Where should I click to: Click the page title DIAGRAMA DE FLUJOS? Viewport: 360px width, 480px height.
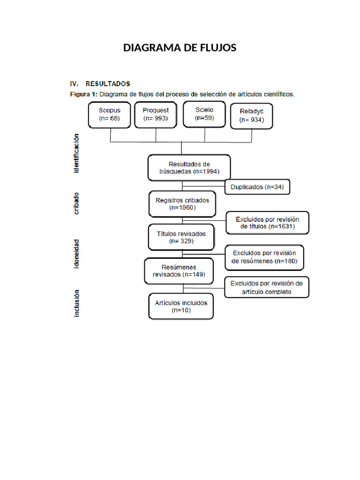click(x=180, y=48)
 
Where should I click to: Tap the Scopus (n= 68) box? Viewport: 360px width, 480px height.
click(x=109, y=114)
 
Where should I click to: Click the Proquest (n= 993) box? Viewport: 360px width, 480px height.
click(x=156, y=114)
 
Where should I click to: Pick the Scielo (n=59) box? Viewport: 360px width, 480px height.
click(x=204, y=114)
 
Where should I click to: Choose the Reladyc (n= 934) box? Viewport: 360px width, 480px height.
click(x=252, y=116)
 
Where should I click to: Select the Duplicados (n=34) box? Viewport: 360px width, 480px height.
click(x=257, y=187)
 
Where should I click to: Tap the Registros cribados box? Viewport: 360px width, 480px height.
click(x=182, y=203)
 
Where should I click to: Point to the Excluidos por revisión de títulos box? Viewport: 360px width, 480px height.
click(x=267, y=223)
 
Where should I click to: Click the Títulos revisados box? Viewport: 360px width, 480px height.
click(x=180, y=237)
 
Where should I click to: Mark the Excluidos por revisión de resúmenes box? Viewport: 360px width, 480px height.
click(x=264, y=257)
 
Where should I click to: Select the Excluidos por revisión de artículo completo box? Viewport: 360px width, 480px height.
click(x=267, y=287)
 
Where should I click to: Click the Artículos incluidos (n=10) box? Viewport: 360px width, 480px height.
click(x=181, y=306)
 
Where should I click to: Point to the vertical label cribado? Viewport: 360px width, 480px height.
click(x=76, y=203)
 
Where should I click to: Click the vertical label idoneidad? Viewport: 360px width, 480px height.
click(x=76, y=255)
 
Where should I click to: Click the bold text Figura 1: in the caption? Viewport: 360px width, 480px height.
click(x=83, y=94)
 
